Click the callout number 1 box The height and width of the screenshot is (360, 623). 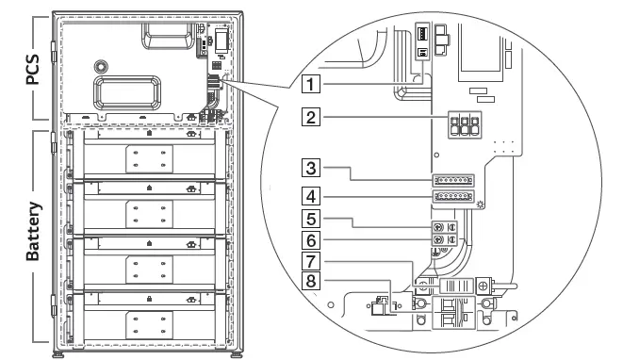309,82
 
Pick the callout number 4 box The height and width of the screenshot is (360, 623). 309,197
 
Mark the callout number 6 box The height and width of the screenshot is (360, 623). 309,241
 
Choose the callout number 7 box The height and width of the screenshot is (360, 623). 309,260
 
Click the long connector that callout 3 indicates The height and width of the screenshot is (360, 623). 452,179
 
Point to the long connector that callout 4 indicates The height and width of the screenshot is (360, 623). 452,197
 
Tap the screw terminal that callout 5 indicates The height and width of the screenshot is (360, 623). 437,226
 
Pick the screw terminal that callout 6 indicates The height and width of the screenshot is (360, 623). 437,241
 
